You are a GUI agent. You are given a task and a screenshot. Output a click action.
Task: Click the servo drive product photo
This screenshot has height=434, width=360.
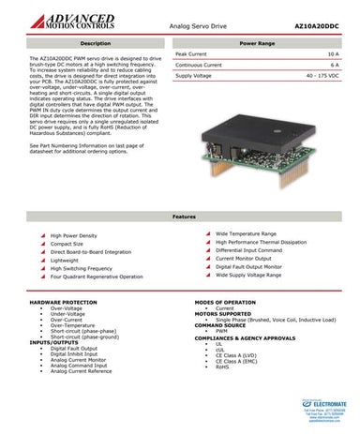tap(271, 155)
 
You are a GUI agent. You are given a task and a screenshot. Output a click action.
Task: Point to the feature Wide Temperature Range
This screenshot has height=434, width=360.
tap(246, 232)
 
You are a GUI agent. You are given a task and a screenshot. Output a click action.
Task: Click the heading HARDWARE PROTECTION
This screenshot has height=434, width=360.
tap(64, 303)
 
